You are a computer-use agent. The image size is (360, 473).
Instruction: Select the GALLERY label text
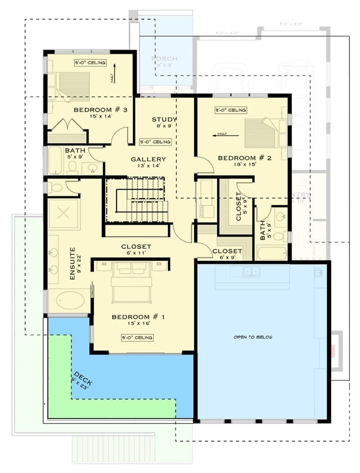tap(148, 159)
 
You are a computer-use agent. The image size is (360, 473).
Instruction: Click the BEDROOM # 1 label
tap(138, 317)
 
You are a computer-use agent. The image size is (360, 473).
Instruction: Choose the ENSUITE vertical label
tap(72, 263)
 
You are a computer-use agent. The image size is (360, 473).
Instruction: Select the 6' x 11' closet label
tap(136, 247)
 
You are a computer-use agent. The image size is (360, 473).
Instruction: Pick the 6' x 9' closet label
tap(227, 251)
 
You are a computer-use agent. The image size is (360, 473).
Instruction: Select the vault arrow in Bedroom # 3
tap(112, 74)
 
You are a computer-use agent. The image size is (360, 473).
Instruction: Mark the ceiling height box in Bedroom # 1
tap(137, 338)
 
